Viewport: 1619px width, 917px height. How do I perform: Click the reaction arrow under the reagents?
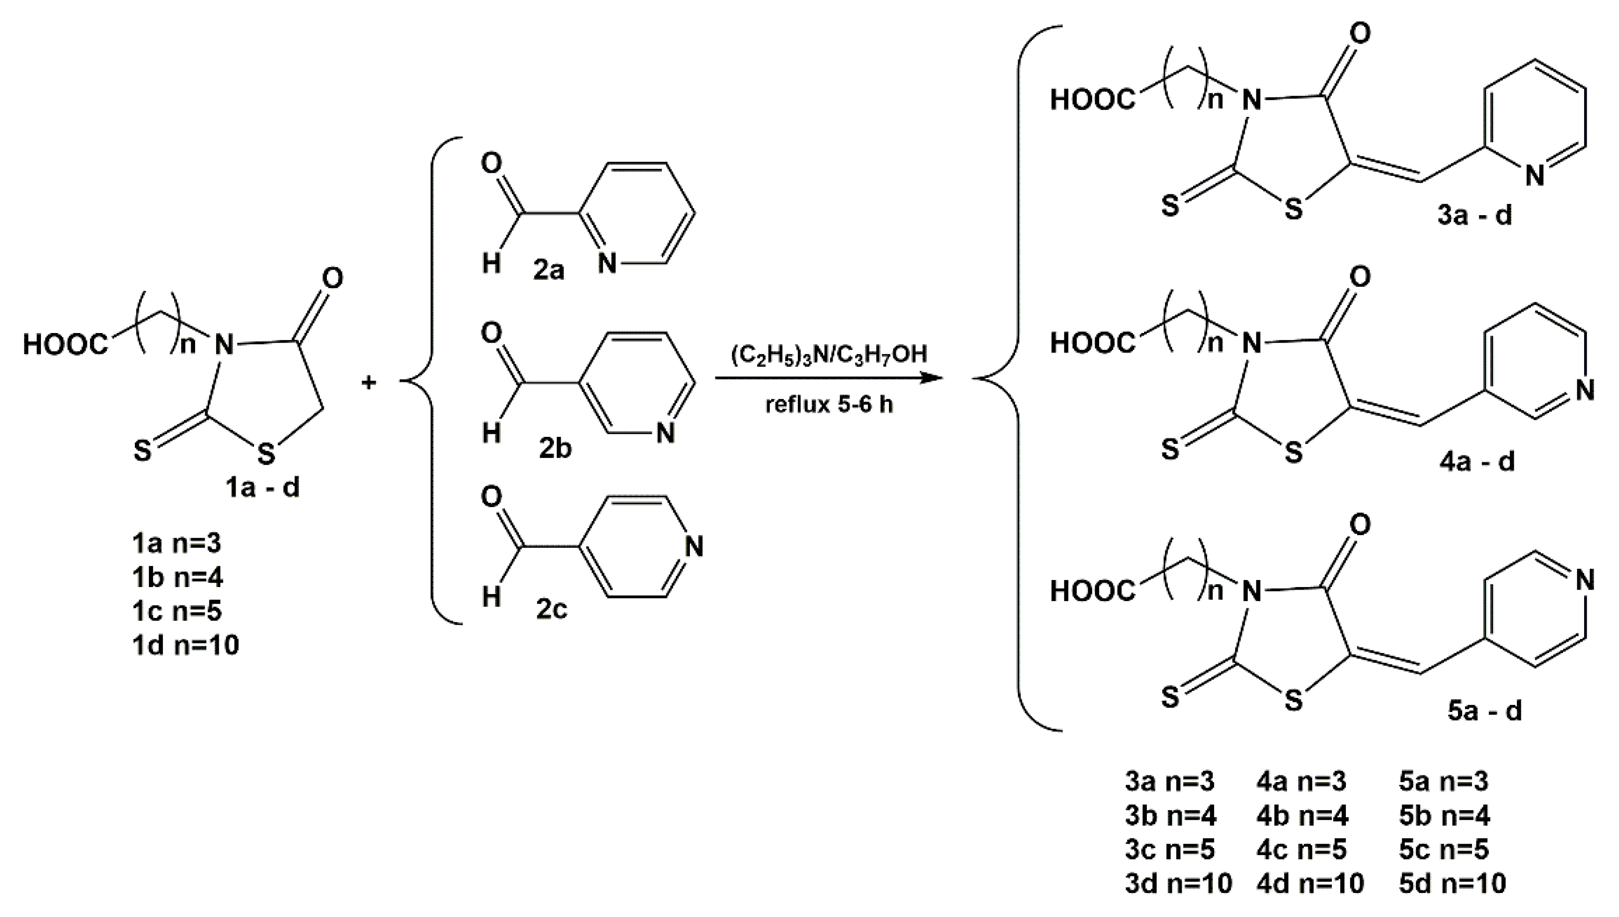pos(829,378)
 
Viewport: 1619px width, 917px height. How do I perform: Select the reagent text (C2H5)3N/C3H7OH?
pos(829,354)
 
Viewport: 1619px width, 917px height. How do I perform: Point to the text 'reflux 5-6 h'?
pos(829,404)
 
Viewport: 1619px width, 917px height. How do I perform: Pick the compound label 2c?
pos(552,609)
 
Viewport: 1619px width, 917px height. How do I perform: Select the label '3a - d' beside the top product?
pos(1474,216)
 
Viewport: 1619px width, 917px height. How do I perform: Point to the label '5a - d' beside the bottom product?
pos(1484,711)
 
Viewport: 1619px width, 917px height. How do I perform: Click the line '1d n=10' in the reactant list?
pos(186,646)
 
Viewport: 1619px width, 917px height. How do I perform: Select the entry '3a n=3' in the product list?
pos(1170,782)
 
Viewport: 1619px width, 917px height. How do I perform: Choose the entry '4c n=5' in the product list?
pos(1301,850)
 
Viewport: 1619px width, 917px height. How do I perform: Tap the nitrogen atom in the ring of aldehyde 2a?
pos(607,263)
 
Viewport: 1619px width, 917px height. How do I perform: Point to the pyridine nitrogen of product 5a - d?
pos(1585,580)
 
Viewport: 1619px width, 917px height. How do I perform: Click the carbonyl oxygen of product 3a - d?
pos(1361,33)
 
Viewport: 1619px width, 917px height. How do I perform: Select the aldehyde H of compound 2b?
pos(491,433)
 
